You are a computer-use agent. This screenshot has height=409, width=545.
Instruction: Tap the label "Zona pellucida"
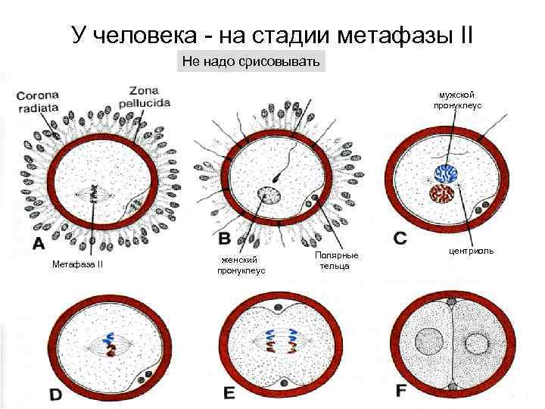tap(149, 95)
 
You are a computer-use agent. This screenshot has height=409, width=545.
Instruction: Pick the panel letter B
tap(225, 239)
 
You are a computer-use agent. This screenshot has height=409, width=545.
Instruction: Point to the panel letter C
tap(401, 238)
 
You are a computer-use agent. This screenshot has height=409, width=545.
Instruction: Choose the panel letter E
tap(229, 393)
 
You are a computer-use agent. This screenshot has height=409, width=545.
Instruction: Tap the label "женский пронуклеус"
tap(241, 265)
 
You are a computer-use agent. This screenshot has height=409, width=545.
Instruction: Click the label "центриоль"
tap(472, 249)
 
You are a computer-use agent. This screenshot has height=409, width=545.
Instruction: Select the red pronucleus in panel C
tap(442, 194)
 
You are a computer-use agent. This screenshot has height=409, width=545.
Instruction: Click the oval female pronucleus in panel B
tap(268, 196)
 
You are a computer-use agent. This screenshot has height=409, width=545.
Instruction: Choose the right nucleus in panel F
tap(478, 345)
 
